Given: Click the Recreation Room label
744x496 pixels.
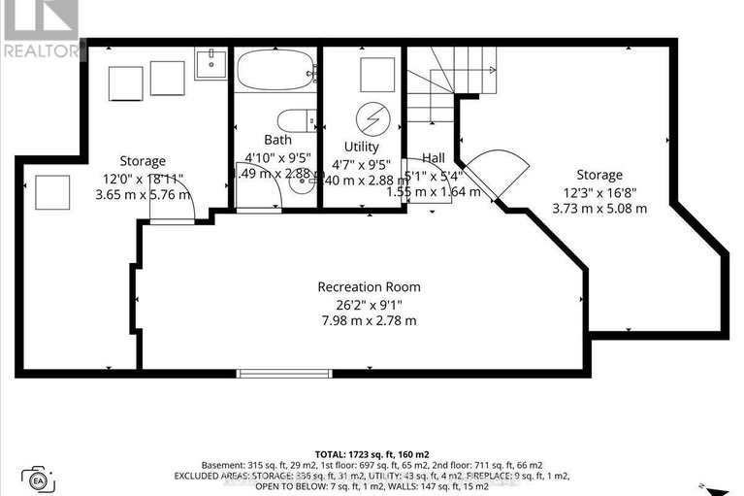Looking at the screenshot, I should click(370, 286).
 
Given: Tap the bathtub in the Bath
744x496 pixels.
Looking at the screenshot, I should click(275, 71).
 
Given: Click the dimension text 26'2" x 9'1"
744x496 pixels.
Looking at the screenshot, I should click(370, 303).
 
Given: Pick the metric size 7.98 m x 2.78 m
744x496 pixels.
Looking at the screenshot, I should click(370, 320).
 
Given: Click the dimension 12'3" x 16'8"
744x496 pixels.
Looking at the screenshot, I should click(599, 191).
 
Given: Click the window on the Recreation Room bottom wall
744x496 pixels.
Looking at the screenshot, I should click(271, 373).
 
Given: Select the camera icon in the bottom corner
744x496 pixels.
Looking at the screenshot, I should click(39, 479).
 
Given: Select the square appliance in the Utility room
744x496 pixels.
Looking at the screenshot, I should click(377, 74).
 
